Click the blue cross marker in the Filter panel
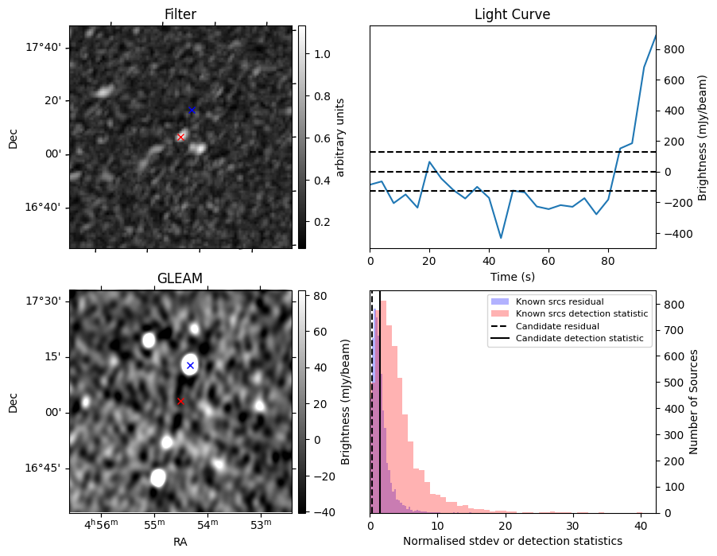[x=192, y=110]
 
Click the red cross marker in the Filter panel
[x=180, y=137]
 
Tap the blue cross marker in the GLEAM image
[x=190, y=365]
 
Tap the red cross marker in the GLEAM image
[x=180, y=401]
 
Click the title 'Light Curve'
[x=512, y=14]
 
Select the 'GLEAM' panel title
[x=180, y=278]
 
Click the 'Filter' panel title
[x=180, y=14]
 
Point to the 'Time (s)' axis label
[x=512, y=277]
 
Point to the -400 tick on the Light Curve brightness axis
[x=677, y=234]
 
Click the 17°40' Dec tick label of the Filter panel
[x=44, y=48]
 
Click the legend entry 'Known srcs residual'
[x=560, y=302]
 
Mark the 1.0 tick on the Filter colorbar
[x=318, y=54]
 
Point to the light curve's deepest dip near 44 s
[x=501, y=238]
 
